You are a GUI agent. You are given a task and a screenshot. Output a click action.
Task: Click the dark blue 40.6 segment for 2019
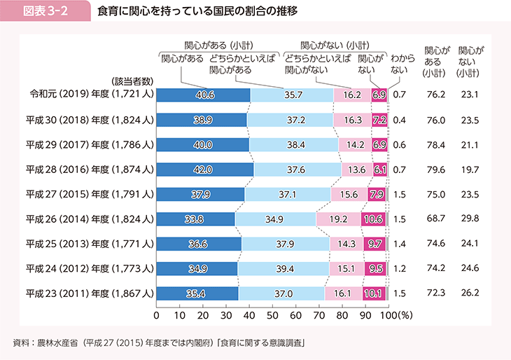(203, 95)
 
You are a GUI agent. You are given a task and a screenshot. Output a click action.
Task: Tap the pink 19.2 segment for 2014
(339, 219)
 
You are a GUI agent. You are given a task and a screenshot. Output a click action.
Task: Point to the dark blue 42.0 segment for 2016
(204, 169)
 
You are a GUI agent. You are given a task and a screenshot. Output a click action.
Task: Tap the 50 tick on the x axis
(272, 315)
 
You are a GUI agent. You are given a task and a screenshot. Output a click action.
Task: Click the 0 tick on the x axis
(157, 315)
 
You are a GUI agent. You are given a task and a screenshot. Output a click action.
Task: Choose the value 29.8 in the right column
(468, 219)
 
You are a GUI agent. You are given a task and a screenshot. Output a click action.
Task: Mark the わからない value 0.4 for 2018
(400, 120)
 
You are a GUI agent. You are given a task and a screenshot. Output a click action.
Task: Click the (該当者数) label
(132, 79)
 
